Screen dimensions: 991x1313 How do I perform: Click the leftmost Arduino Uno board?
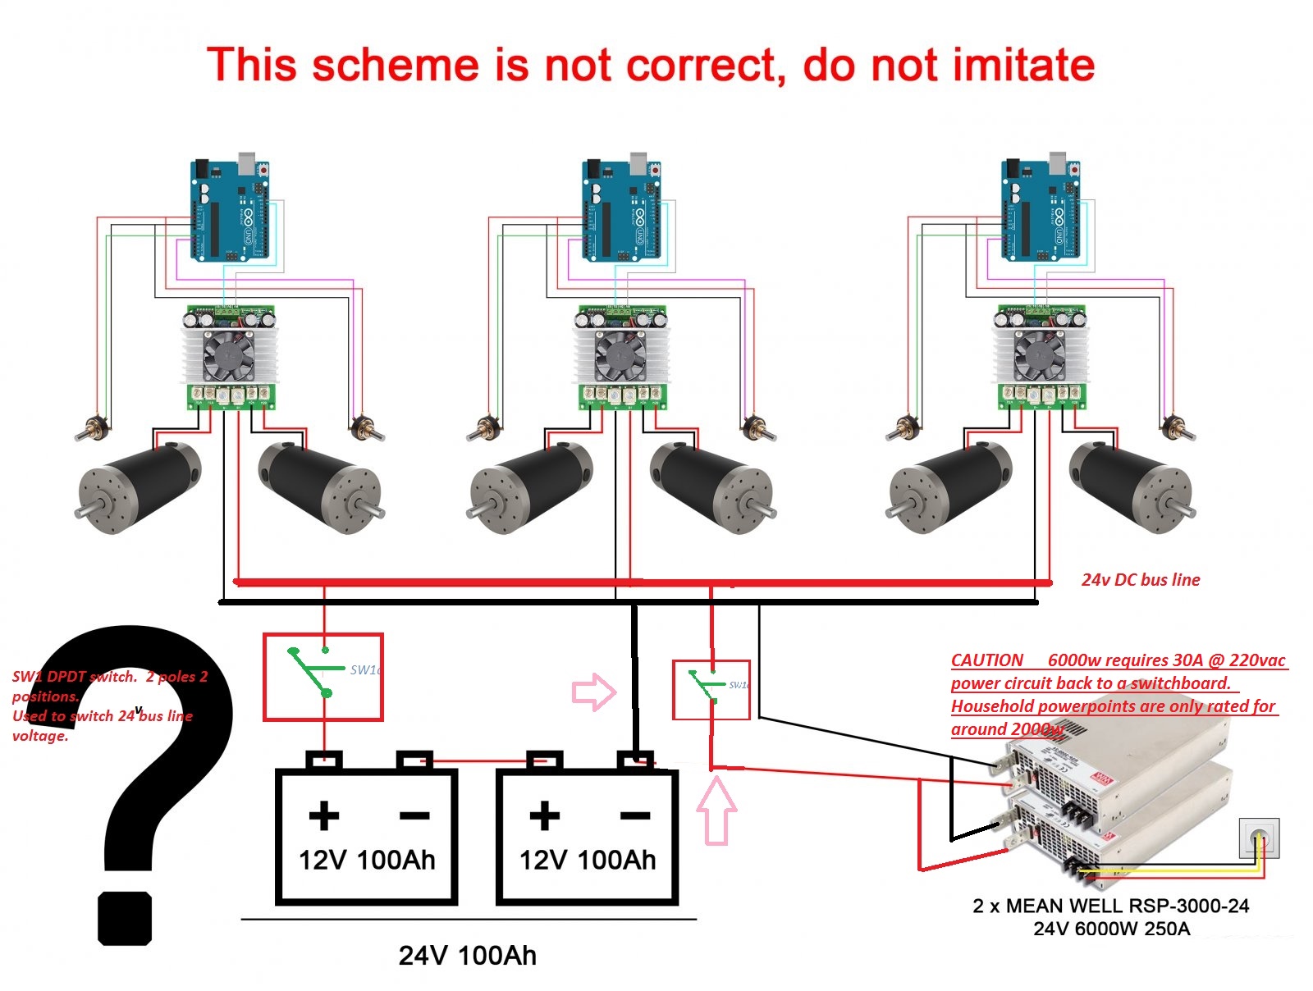231,210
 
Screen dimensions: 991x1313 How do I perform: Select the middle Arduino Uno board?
622,210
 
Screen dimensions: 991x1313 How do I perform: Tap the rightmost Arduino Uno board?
1041,210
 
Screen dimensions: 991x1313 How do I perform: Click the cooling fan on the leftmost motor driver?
228,355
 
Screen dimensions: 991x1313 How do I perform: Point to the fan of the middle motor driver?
620,355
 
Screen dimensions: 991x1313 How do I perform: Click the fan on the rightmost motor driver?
1039,355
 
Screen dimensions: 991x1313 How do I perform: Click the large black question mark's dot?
125,918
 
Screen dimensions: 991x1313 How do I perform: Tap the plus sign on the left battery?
324,815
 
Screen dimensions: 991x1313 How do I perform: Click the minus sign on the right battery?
635,815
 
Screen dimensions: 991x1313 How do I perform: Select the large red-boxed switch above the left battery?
323,677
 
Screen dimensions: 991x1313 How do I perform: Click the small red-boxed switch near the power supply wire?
711,690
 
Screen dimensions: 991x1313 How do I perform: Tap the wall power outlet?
1259,838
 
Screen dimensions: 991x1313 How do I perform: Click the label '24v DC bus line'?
1141,580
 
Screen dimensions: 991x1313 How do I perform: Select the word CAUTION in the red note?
987,660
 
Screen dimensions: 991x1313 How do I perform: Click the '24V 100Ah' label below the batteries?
468,956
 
